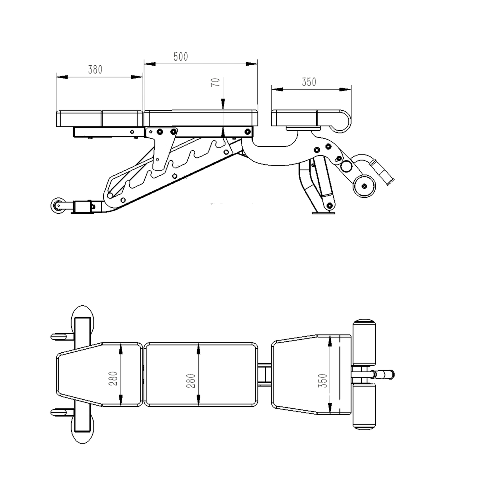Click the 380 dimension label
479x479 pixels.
tap(95, 70)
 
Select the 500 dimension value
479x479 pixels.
tap(181, 57)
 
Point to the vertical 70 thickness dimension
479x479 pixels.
tap(216, 82)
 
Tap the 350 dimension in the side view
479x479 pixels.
tap(309, 82)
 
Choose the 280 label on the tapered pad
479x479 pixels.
tap(113, 378)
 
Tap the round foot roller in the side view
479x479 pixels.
tap(364, 186)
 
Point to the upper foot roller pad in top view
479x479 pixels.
tap(364, 342)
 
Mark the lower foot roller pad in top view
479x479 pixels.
tap(364, 406)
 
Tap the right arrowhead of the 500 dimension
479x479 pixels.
tap(252, 64)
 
